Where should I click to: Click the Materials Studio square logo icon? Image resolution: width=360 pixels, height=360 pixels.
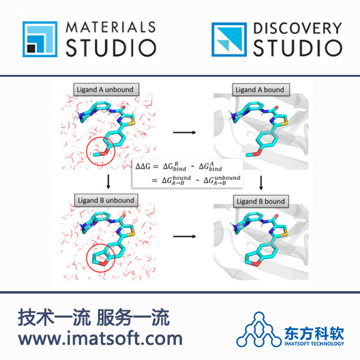tap(40, 39)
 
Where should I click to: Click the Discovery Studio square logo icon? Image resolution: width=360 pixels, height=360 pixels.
tap(229, 39)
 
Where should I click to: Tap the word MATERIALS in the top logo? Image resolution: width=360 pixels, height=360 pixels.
tap(111, 27)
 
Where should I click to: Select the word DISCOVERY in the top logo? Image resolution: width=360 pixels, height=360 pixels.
tap(298, 28)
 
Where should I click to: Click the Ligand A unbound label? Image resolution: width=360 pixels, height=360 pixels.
tap(106, 90)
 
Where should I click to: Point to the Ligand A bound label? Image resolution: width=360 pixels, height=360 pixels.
tap(261, 90)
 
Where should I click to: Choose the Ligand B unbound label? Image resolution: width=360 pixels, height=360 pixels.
tap(106, 200)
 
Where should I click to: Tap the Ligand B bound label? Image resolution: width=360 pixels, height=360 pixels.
tap(261, 202)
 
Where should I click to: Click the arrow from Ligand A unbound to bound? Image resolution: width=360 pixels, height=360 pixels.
tap(185, 132)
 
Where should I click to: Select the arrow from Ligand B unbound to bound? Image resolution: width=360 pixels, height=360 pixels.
tap(185, 236)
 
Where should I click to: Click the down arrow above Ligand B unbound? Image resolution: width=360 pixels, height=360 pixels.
tap(108, 182)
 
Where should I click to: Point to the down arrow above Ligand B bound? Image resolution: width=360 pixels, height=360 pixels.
tap(261, 183)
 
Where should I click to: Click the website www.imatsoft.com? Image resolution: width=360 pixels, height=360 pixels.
tap(101, 338)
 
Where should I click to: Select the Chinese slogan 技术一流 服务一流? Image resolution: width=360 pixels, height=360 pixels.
tap(94, 317)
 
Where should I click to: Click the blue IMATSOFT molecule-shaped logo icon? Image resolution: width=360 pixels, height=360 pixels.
tap(259, 330)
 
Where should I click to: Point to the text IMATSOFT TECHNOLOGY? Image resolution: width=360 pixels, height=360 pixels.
tap(314, 344)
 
